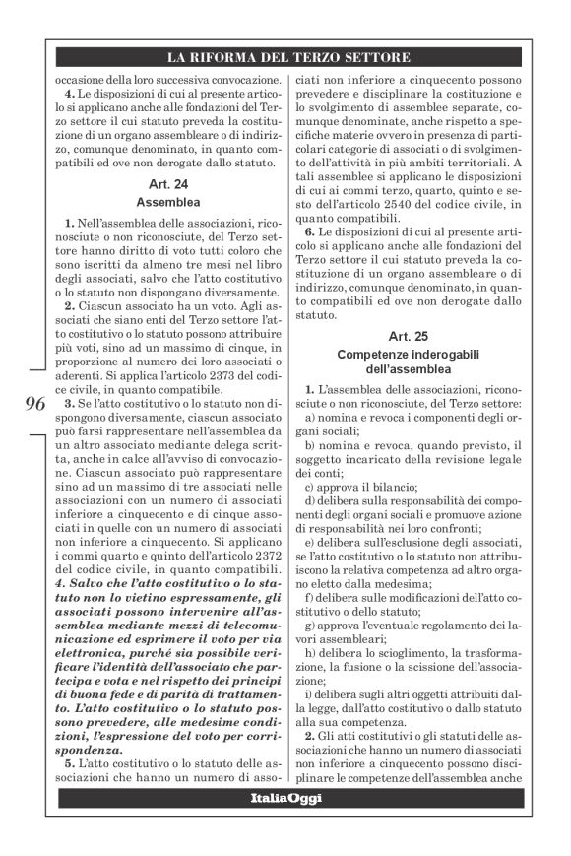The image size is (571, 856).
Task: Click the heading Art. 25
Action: coord(408,337)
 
